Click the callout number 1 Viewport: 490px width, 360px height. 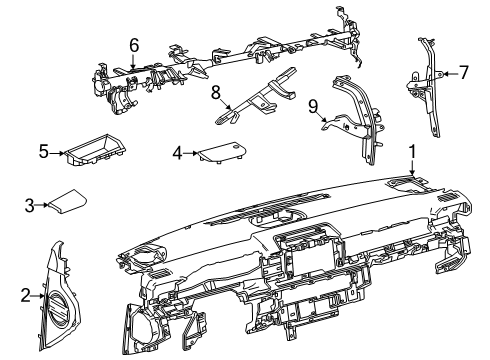pos(413,152)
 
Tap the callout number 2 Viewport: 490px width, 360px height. pos(26,295)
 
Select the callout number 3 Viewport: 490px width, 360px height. pos(30,205)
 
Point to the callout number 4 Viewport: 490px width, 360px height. pos(178,153)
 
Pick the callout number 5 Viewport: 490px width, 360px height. pos(44,152)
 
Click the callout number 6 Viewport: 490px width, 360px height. pos(134,46)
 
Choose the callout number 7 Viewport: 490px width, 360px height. pos(463,72)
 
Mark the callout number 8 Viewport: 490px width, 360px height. pos(216,92)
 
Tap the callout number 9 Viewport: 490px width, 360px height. pos(313,107)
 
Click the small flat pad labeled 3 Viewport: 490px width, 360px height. pos(68,201)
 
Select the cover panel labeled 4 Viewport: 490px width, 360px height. pos(223,152)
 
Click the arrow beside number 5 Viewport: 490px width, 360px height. pos(57,153)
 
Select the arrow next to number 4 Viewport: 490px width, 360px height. pos(191,153)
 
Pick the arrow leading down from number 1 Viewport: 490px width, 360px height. pos(413,168)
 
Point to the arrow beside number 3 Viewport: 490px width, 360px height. pos(42,205)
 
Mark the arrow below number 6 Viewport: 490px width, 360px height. pos(133,62)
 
